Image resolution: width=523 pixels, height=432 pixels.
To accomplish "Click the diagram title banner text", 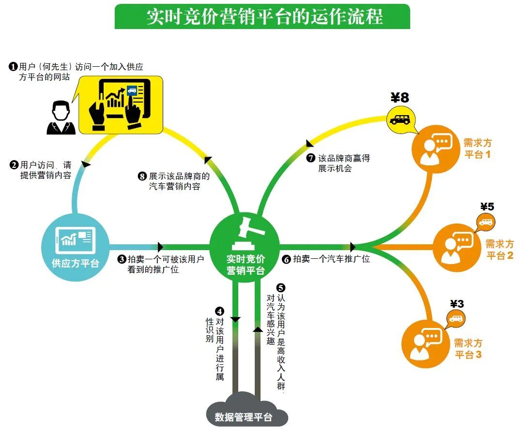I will tap(264, 16).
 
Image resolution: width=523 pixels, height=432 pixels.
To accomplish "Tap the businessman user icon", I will tap(61, 117).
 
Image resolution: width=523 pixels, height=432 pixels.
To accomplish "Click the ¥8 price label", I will tap(400, 98).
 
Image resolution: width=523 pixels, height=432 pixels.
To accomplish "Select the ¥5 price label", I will tap(487, 207).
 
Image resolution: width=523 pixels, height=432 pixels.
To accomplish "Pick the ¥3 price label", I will tap(457, 304).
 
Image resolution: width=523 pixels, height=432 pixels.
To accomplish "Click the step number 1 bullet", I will tap(14, 66).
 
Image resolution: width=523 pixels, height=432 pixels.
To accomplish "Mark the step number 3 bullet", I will tap(122, 260).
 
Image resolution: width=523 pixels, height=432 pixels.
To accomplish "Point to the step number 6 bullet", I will tap(286, 259).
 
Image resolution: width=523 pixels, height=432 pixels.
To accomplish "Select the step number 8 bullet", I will tap(143, 177).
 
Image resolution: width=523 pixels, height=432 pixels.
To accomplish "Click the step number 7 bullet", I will tap(311, 158).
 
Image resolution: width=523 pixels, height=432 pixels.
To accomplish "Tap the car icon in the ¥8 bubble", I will tap(400, 119).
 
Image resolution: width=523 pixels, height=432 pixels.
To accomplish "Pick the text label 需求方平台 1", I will tap(477, 149).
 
